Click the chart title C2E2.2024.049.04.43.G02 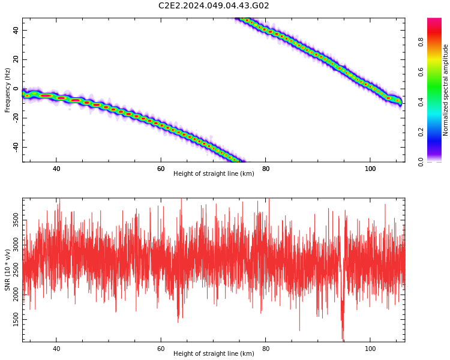coord(214,6)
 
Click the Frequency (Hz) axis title coord(8,90)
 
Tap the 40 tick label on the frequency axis coord(16,31)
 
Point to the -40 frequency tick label coord(16,147)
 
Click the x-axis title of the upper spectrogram coord(214,174)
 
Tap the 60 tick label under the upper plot coord(161,169)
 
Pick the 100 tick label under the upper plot coord(370,169)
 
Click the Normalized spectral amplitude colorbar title coord(446,90)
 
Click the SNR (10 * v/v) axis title coord(8,270)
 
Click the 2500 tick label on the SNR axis coord(16,272)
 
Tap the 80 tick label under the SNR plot coord(266,349)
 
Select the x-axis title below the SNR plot coord(214,354)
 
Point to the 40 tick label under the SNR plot coord(56,349)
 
